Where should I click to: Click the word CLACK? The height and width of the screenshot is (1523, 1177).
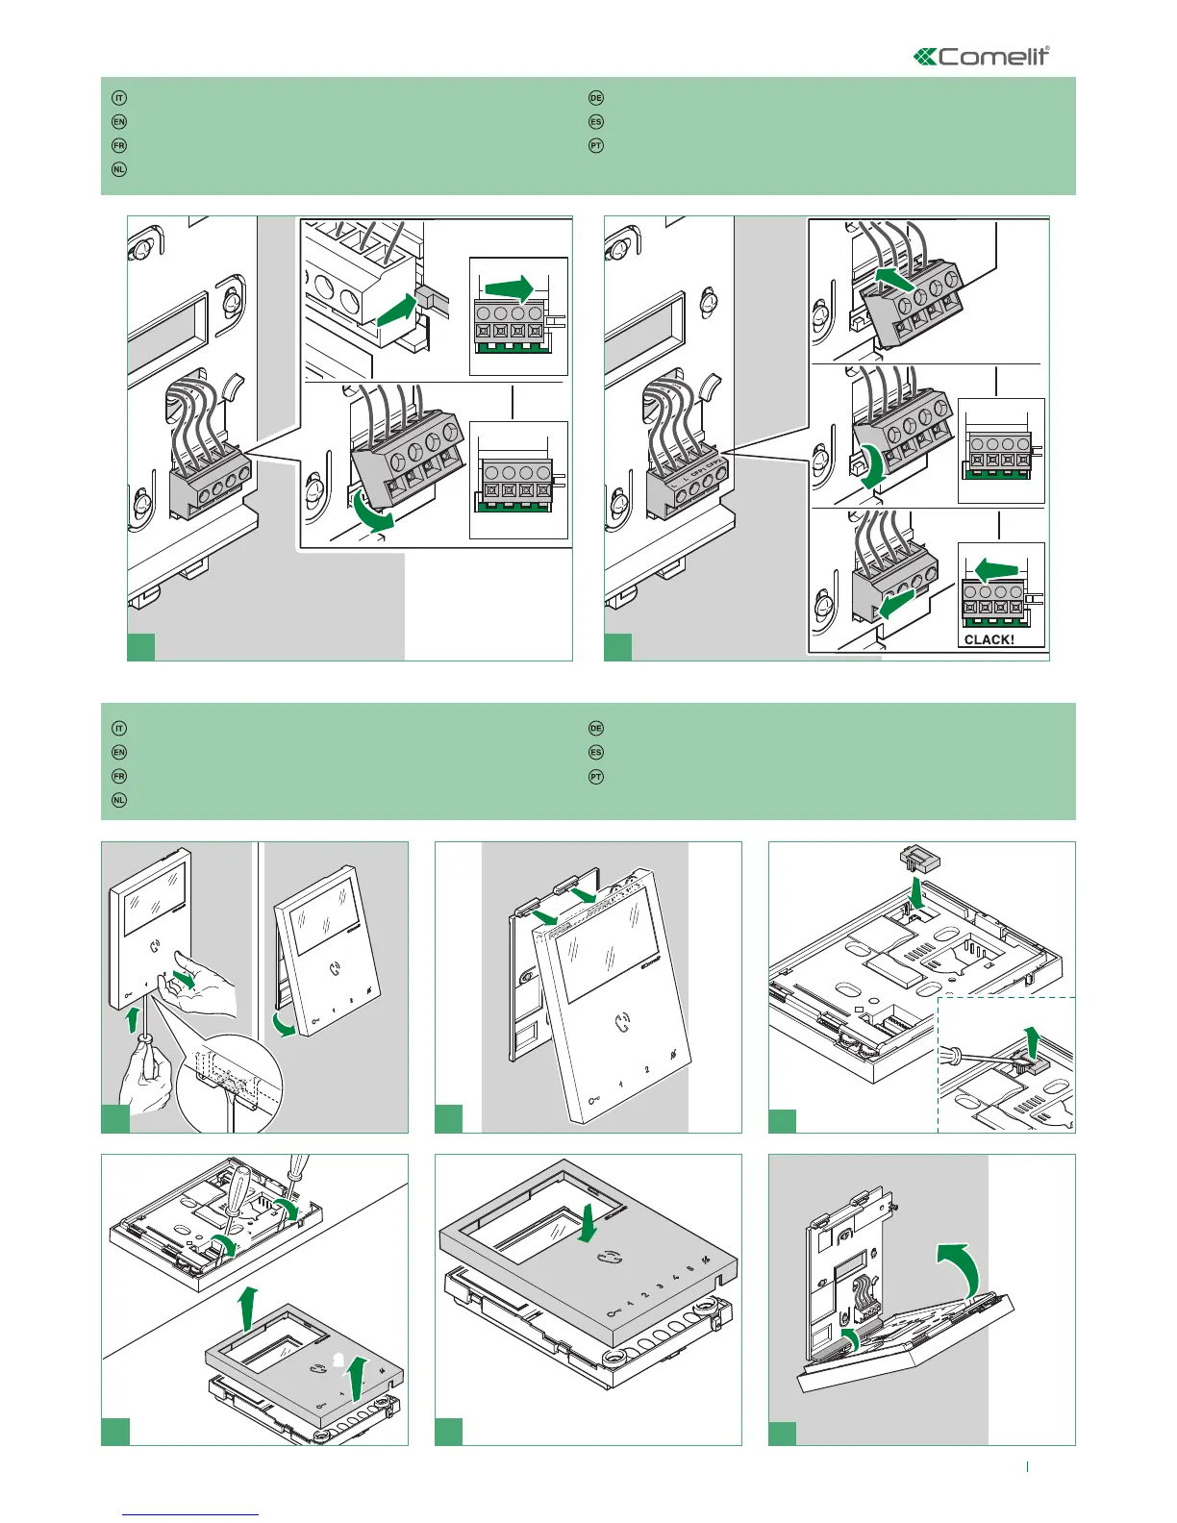pyautogui.click(x=989, y=639)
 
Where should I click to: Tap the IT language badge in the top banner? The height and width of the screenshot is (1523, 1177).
pyautogui.click(x=119, y=98)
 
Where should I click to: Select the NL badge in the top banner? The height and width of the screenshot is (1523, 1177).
pyautogui.click(x=119, y=169)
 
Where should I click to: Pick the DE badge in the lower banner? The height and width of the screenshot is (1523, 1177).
pyautogui.click(x=596, y=729)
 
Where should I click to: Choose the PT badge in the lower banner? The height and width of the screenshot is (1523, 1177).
pyautogui.click(x=596, y=776)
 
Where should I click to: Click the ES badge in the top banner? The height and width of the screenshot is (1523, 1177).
pyautogui.click(x=596, y=122)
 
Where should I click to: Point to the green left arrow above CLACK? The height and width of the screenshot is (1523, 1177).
pyautogui.click(x=997, y=571)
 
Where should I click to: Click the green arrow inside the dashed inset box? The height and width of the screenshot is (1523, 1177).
pyautogui.click(x=1032, y=1041)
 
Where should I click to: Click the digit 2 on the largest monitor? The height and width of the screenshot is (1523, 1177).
pyautogui.click(x=647, y=1069)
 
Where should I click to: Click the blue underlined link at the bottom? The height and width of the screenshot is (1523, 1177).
pyautogui.click(x=191, y=1514)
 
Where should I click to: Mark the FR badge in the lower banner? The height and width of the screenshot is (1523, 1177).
pyautogui.click(x=119, y=776)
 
